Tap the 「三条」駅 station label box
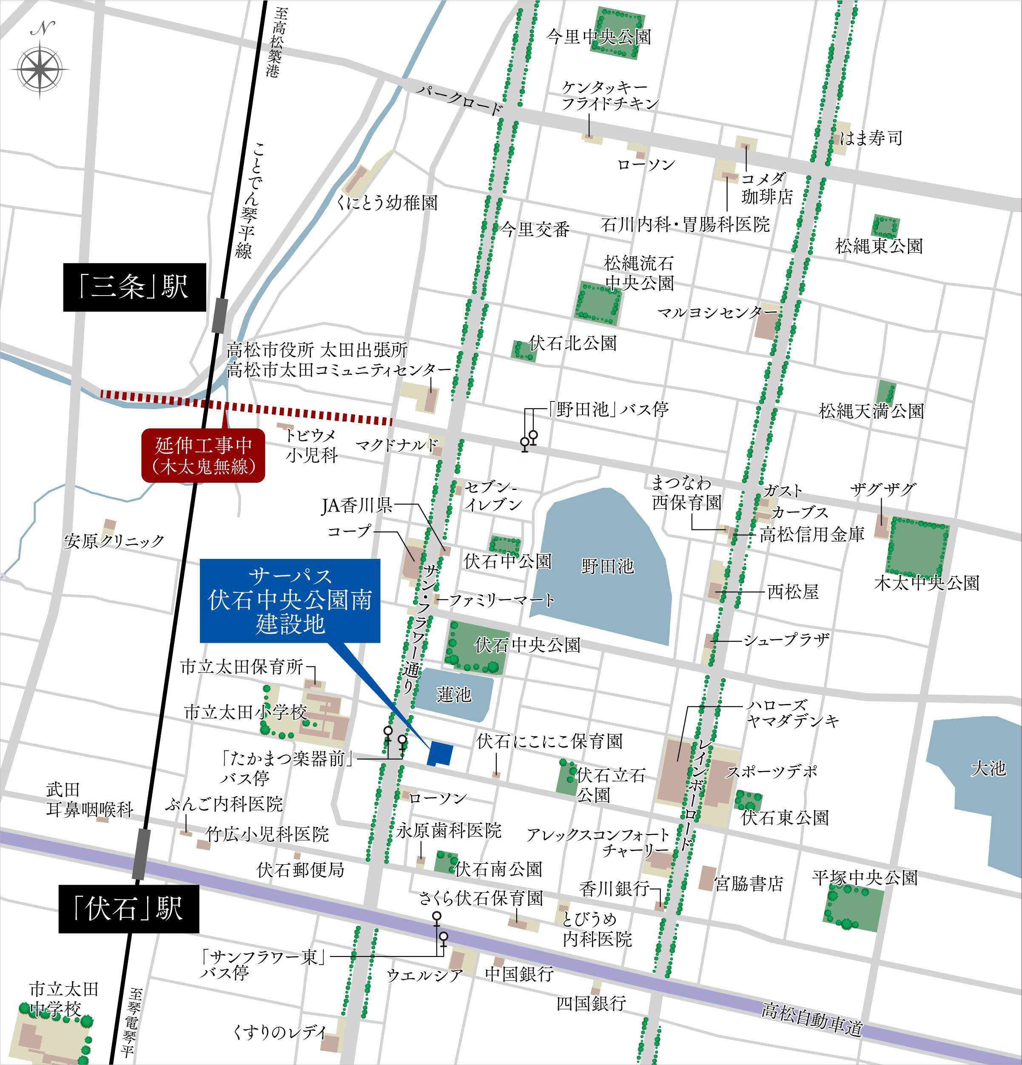[134, 287]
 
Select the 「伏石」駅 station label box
[129, 909]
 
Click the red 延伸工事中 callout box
[203, 456]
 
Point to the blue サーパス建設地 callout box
[290, 601]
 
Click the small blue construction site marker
[440, 754]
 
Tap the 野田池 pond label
[607, 566]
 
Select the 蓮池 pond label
[454, 695]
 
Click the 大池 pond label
[988, 769]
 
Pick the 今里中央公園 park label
[598, 37]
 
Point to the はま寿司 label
[871, 138]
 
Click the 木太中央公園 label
[926, 583]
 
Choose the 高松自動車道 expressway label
[812, 1019]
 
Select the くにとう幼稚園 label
[387, 203]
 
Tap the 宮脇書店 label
[748, 884]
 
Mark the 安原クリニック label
[114, 541]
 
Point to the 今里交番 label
[535, 230]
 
